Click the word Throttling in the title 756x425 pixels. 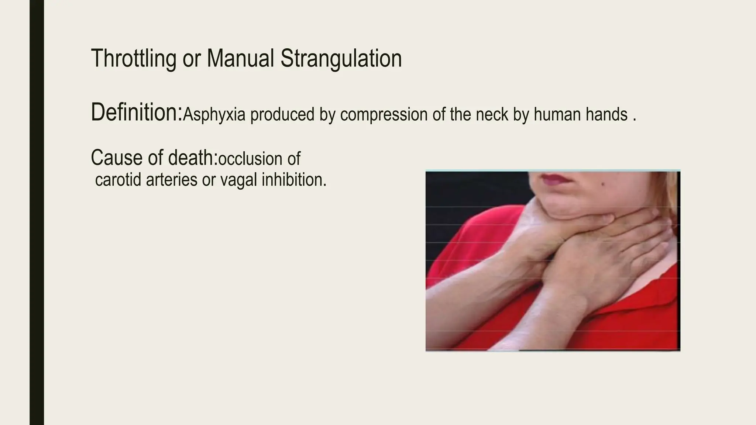pos(133,59)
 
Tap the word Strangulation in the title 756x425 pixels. pos(341,59)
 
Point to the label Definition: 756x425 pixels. pos(137,113)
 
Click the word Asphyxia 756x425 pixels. pos(214,115)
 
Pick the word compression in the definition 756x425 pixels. pos(384,115)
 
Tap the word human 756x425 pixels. pos(557,115)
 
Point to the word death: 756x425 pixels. pos(193,158)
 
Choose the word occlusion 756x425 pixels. pos(250,159)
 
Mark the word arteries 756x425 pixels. pos(172,180)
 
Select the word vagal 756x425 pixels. pos(239,180)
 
